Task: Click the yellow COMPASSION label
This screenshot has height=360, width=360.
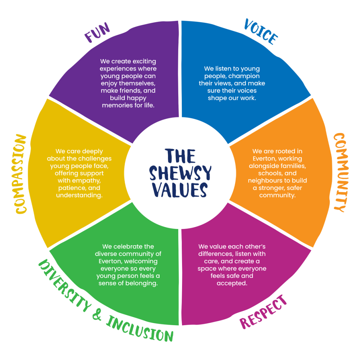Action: pos(21,174)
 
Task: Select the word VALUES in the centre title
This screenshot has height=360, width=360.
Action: pos(180,190)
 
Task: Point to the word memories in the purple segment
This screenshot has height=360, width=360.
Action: pos(116,105)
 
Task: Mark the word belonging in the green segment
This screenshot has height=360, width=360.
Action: pos(142,283)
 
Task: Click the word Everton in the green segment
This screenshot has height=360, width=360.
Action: pos(111,261)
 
